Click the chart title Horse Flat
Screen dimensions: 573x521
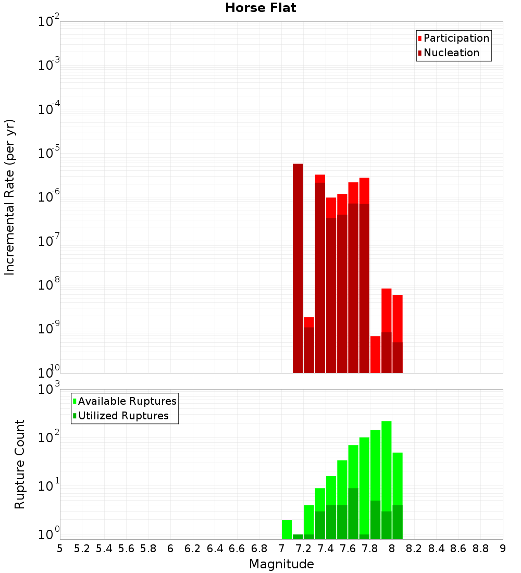pos(260,8)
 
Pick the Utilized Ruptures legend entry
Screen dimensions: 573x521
pos(123,416)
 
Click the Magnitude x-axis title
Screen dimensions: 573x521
pos(281,564)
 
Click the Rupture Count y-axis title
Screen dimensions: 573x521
pos(20,464)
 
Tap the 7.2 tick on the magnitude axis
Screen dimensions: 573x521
pos(303,549)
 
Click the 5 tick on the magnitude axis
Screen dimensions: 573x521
pos(60,549)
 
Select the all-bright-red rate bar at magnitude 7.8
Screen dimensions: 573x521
pos(376,354)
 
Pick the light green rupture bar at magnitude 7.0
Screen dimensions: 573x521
pos(287,529)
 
